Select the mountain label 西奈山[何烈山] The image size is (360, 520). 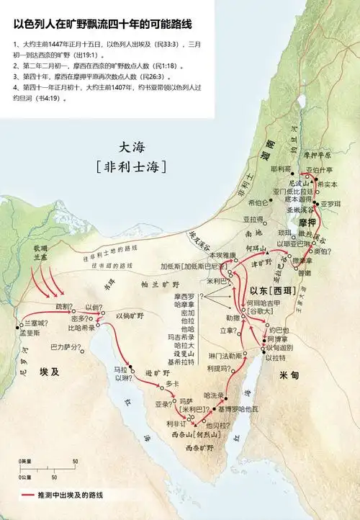click(x=194, y=435)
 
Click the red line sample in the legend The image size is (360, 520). click(x=29, y=496)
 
